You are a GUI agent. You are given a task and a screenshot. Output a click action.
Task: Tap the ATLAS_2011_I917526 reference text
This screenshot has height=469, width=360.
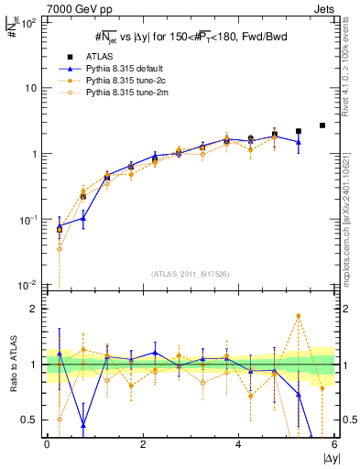tap(190, 274)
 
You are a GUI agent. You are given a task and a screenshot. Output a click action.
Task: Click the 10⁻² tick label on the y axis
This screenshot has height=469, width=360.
tap(27, 286)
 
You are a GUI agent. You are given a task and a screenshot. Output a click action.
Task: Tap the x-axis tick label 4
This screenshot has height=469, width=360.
tap(239, 444)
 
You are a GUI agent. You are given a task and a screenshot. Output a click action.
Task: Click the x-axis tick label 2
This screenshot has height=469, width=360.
tap(143, 444)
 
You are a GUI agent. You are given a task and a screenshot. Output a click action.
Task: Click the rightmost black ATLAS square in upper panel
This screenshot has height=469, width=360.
tap(322, 125)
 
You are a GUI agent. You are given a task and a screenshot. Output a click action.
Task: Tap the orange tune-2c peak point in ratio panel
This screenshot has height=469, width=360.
tap(299, 316)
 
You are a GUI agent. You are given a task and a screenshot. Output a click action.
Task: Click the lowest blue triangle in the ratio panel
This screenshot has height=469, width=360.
tap(83, 425)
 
